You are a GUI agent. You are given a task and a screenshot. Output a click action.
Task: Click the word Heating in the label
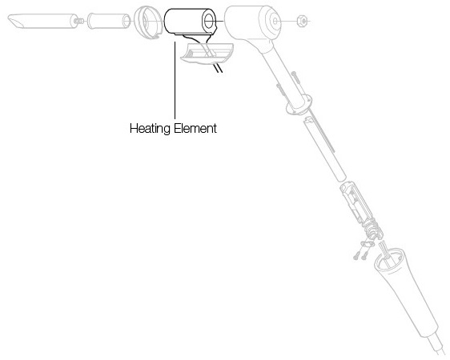point(150,129)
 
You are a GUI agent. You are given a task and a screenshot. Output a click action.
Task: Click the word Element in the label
point(195,128)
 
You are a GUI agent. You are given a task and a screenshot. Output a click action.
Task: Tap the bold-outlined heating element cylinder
point(190,21)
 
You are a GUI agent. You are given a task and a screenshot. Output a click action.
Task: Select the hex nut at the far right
point(302,21)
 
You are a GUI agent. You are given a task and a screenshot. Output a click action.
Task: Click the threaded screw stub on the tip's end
point(79,21)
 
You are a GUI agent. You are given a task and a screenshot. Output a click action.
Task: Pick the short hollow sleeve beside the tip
point(108,21)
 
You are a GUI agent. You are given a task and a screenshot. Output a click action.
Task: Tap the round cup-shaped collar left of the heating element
point(147,22)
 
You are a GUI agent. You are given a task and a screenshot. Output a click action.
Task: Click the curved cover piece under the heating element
point(207,54)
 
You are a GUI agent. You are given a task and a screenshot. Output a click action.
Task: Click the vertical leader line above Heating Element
point(175,80)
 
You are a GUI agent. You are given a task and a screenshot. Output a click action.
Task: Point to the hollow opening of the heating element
point(209,20)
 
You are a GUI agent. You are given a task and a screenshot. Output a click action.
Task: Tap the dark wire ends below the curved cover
point(218,68)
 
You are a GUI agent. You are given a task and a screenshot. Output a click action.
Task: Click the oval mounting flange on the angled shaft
point(299,105)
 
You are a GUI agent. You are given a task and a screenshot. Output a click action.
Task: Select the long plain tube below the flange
point(324,149)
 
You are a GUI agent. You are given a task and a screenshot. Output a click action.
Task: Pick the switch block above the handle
point(356,202)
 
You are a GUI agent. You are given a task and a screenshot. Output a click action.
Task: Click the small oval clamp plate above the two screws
point(368,244)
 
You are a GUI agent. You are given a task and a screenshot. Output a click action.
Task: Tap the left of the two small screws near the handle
point(357,254)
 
